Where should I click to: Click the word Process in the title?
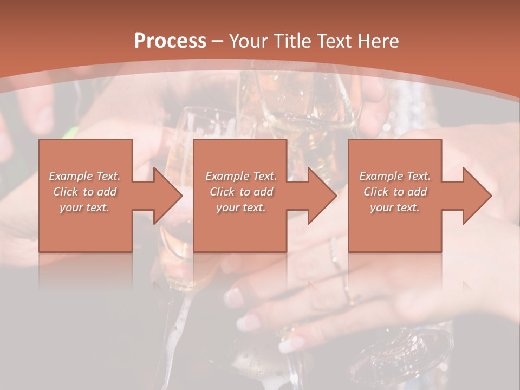[x=170, y=41]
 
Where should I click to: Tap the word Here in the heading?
[x=379, y=41]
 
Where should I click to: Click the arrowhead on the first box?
[x=165, y=196]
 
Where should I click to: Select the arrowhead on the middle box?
[x=320, y=196]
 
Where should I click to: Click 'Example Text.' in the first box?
[x=85, y=176]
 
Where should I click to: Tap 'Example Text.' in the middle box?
[x=241, y=176]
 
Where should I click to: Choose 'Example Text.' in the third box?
[x=395, y=176]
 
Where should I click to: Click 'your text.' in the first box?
[x=85, y=207]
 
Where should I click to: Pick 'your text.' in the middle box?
[x=241, y=207]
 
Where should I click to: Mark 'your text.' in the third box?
[x=395, y=207]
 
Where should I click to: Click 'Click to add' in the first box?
[x=85, y=192]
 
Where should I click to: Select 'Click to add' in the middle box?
[x=241, y=192]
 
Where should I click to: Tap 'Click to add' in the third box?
[x=395, y=192]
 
